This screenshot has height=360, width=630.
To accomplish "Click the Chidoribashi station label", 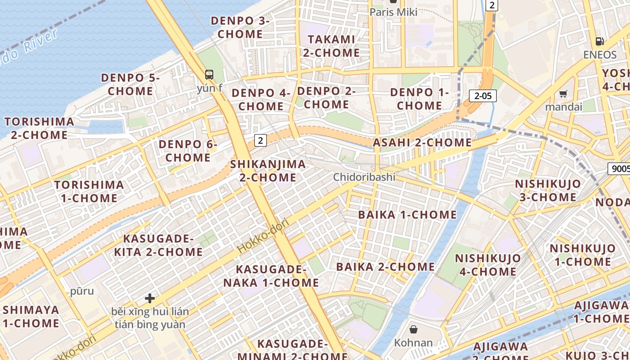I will [x=364, y=177].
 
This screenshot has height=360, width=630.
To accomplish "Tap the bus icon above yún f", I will [x=209, y=75].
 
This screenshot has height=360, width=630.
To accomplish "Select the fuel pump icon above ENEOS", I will [x=599, y=41].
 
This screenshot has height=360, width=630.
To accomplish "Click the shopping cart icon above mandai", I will [x=563, y=94].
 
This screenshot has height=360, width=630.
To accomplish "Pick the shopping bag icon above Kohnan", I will [x=413, y=330].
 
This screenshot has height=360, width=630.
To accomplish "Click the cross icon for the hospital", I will [x=150, y=298].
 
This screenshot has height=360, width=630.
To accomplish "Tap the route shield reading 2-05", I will [x=482, y=95].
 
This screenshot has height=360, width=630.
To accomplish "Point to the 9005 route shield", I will [x=620, y=169].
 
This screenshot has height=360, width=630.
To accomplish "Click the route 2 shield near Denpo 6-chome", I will [x=260, y=140].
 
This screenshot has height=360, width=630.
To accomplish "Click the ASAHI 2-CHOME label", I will [x=422, y=143].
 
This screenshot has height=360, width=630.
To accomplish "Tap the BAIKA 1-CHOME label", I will [x=407, y=215].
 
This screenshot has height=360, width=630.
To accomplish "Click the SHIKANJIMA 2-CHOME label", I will [x=268, y=171].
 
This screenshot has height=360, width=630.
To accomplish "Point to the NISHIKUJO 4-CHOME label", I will [x=488, y=265].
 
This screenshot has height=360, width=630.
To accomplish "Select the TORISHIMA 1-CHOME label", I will [x=89, y=191].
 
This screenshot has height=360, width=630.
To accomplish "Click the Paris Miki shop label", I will [x=393, y=12].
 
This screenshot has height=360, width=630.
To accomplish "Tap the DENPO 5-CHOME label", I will [x=130, y=84].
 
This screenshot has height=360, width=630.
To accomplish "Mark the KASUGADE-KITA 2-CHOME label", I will [x=158, y=245].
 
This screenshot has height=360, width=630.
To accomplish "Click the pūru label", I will [x=82, y=291].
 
